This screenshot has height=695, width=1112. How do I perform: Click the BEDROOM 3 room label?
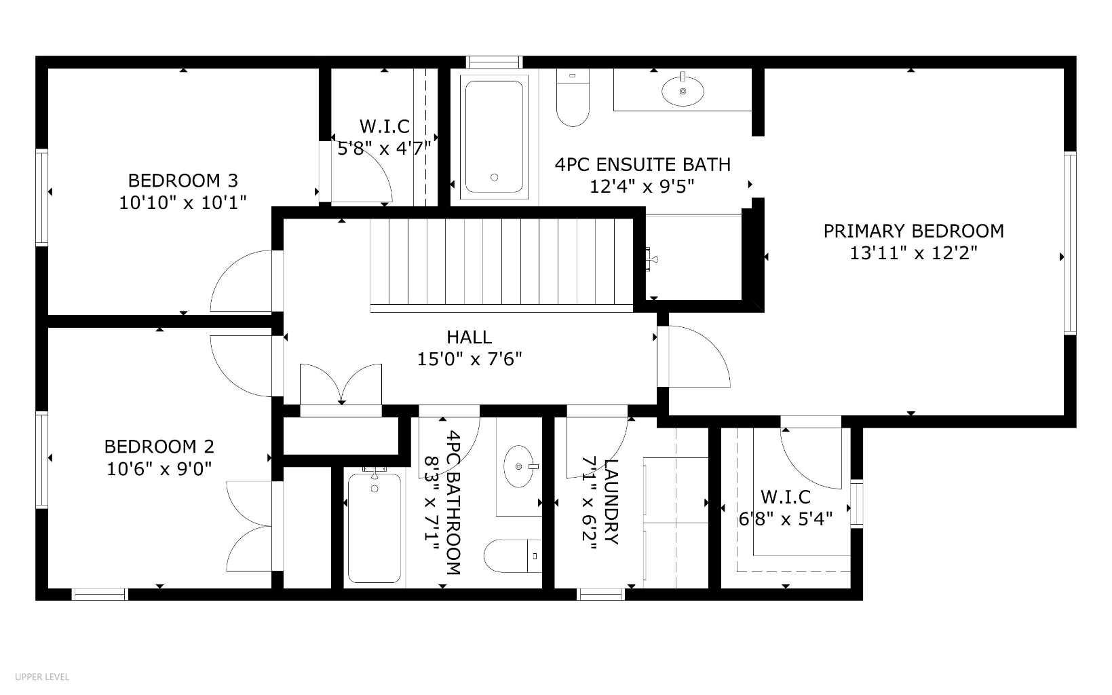pos(183,181)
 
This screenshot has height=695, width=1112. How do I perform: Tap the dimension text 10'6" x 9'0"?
pos(159,468)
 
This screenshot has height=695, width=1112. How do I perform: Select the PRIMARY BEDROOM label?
pos(913,231)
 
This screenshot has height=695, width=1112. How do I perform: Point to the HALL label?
pos(469,337)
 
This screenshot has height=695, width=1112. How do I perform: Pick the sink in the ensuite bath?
pos(683,90)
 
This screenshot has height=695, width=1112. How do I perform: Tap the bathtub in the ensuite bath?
pos(494,134)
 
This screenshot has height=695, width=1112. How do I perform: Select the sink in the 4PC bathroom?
pos(520,467)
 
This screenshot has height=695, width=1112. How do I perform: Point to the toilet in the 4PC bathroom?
pos(513,557)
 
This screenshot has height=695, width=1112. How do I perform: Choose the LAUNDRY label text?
pos(610,502)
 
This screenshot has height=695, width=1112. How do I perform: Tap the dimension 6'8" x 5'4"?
pos(785,519)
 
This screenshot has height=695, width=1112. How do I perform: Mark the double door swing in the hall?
pos(341,385)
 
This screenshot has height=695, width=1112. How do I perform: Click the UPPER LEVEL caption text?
pos(42,677)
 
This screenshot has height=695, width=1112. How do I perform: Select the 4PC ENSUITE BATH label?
pos(643,164)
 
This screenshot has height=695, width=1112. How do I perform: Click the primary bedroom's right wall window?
pos(1070,243)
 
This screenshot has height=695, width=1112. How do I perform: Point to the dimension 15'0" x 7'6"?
pos(469,358)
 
